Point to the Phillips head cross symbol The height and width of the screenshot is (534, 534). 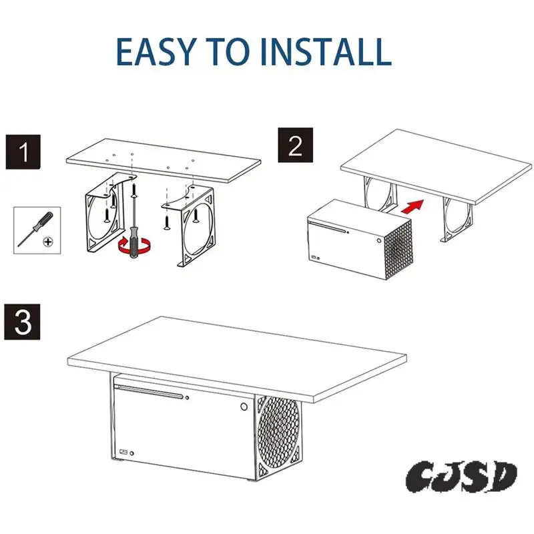(x=48, y=241)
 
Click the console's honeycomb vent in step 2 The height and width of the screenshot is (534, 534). (x=396, y=250)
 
